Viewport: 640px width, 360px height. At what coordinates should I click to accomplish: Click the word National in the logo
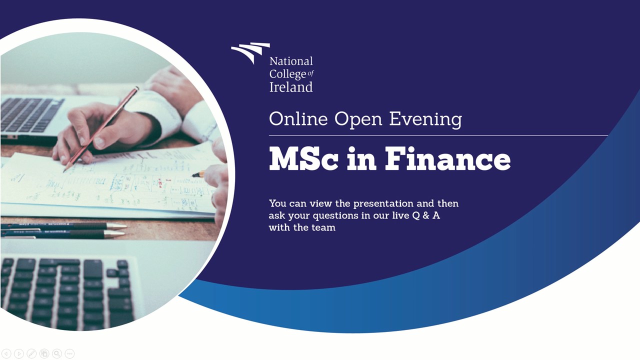291,61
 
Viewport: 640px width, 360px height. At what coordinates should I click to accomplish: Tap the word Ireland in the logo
291,87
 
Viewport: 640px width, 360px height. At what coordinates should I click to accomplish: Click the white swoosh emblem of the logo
250,52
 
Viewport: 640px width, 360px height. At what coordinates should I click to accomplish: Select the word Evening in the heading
425,119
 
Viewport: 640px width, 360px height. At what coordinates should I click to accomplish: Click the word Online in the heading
298,118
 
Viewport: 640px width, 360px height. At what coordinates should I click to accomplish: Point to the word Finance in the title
447,158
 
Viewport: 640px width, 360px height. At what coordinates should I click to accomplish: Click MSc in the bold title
303,158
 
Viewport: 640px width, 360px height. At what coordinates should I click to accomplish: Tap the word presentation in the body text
383,204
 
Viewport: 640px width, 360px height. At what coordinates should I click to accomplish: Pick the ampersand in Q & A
426,215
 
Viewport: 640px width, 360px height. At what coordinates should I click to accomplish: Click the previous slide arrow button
6,353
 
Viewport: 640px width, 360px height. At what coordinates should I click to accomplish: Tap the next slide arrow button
19,353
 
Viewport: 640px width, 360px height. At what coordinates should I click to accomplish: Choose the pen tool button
31,353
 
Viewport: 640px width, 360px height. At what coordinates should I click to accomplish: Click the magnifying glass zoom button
57,353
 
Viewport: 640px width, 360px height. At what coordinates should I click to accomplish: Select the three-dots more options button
69,353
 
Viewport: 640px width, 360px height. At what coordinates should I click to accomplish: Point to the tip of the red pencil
64,171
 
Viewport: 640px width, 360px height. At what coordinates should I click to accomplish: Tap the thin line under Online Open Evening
438,135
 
